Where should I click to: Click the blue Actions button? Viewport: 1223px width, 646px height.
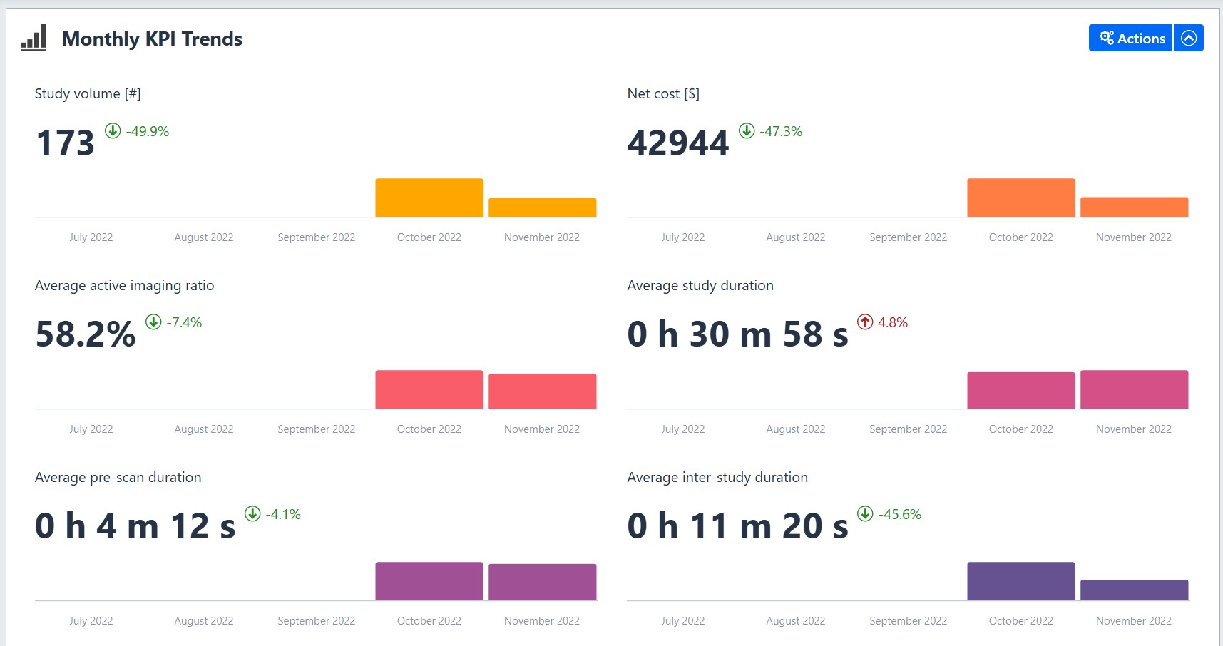[1131, 39]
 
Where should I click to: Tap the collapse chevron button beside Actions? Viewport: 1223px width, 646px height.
[1189, 39]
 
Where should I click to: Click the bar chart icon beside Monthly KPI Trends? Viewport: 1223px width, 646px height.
[34, 38]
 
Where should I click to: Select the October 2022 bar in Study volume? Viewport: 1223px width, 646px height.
[429, 198]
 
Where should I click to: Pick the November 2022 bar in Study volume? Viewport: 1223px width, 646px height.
[543, 207]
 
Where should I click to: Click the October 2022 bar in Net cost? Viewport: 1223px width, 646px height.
[1021, 198]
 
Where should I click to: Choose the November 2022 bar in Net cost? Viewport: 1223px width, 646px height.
[1135, 207]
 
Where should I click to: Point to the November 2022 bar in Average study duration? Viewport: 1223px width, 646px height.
[1135, 389]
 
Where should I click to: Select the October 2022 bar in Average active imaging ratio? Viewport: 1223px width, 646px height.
[429, 389]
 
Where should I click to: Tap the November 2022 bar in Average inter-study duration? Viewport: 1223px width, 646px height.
[1135, 590]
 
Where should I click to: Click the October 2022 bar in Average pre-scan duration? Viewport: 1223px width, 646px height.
[429, 581]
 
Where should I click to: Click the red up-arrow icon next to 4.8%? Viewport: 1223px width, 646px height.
[865, 322]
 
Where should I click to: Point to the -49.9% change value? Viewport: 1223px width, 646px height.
[148, 131]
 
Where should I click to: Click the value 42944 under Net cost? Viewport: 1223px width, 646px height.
[678, 143]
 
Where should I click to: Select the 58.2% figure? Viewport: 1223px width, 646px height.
[86, 334]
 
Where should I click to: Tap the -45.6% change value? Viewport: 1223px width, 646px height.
[900, 514]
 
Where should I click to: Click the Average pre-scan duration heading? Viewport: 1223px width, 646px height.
[118, 477]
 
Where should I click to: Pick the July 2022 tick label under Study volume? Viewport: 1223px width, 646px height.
[91, 237]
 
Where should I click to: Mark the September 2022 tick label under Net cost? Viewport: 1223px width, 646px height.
[909, 237]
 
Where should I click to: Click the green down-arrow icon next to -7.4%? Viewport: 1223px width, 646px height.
[153, 322]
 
